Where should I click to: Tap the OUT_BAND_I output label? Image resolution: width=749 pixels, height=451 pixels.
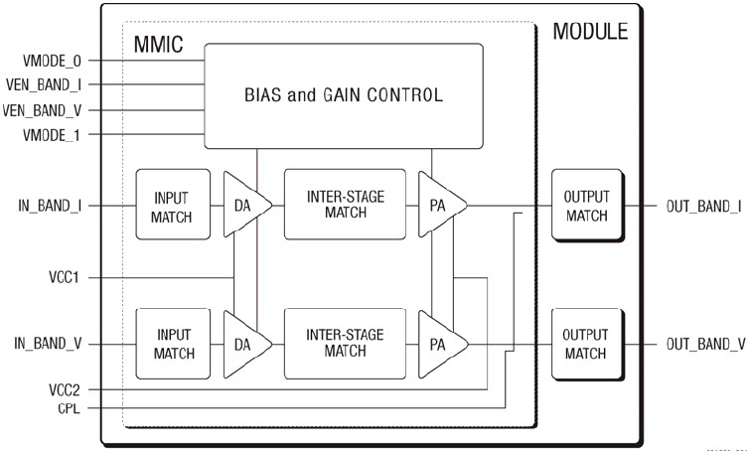tap(703, 207)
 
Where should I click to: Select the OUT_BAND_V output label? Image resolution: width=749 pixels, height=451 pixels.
tap(703, 344)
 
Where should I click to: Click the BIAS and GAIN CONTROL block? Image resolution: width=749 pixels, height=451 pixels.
tap(343, 96)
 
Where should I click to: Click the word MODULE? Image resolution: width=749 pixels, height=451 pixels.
tap(590, 32)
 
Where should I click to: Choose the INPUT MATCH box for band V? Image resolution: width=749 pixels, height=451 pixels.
tap(173, 343)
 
